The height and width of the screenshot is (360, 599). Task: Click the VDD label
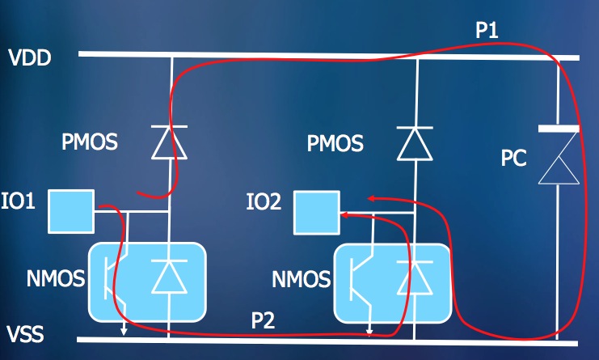click(30, 58)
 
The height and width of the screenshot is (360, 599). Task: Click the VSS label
click(25, 334)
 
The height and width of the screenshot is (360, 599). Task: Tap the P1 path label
click(487, 30)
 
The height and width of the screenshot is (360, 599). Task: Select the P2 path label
click(264, 320)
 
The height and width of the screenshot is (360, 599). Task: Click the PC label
click(514, 158)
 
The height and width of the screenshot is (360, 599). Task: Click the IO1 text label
click(18, 201)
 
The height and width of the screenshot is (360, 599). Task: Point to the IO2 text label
click(264, 201)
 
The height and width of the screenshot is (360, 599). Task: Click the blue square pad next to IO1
click(71, 211)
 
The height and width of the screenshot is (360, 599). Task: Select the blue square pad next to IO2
click(317, 213)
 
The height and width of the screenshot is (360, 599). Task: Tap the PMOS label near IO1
click(90, 142)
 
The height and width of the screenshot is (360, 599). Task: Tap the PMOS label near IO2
click(335, 143)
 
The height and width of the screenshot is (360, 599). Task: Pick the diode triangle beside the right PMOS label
click(415, 143)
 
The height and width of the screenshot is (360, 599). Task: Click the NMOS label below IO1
click(56, 278)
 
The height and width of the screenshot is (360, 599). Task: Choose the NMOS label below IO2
click(301, 279)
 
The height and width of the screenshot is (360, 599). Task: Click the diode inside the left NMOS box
click(169, 277)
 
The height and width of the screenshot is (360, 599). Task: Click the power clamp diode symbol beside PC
click(559, 155)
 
